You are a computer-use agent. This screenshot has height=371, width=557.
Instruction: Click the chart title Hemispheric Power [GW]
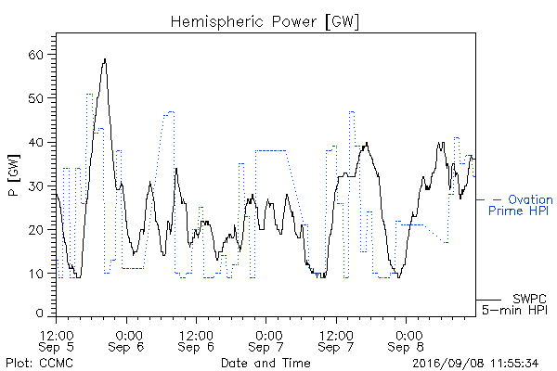[x=265, y=22]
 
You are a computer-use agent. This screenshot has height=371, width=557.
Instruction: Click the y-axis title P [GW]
[x=14, y=175]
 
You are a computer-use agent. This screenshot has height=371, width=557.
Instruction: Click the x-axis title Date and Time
[x=266, y=363]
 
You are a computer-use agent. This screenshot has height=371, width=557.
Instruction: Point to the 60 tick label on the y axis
[x=35, y=55]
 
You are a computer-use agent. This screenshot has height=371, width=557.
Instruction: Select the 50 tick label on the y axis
[x=35, y=98]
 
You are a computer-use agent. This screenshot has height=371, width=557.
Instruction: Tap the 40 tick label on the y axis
[x=35, y=142]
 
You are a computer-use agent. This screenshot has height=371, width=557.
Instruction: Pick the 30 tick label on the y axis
[x=35, y=186]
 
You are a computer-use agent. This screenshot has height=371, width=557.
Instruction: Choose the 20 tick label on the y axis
[x=35, y=230]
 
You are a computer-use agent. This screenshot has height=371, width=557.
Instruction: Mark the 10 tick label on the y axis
[x=35, y=274]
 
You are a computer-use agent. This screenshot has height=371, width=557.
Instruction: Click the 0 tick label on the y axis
[x=39, y=313]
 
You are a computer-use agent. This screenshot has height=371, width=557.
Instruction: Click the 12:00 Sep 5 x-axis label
[x=56, y=340]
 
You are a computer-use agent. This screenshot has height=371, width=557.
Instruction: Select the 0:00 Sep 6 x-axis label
[x=126, y=340]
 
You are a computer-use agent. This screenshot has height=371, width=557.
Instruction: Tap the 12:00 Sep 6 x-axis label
[x=196, y=340]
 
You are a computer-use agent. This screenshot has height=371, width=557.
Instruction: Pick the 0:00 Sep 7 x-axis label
[x=266, y=340]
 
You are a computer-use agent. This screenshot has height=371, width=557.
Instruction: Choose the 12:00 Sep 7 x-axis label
[x=336, y=340]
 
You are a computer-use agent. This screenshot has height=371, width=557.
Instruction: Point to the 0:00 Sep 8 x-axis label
[x=406, y=340]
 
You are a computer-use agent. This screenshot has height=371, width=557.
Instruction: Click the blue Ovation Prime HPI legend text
[x=521, y=205]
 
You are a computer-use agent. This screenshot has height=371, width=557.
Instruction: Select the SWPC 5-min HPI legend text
[x=514, y=304]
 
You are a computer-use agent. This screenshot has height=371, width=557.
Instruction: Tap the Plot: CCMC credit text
[x=39, y=363]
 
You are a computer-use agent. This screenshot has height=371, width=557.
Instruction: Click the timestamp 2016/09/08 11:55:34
[x=475, y=364]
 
